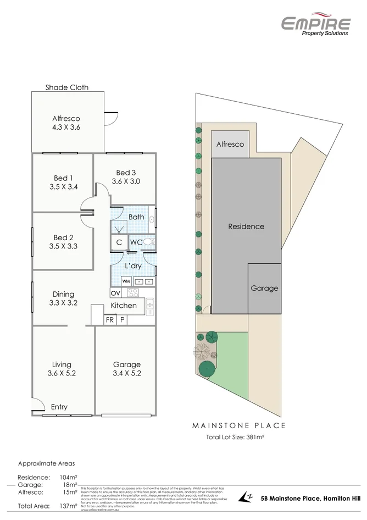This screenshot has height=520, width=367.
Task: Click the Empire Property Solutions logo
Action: [315, 25]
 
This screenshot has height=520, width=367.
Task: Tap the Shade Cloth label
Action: [67, 87]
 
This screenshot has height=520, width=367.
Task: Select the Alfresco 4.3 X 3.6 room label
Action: [66, 123]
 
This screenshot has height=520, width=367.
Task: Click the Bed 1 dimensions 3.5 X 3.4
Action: [63, 187]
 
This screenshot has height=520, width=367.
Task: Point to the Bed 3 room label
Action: [126, 173]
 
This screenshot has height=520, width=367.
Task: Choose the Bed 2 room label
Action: [63, 237]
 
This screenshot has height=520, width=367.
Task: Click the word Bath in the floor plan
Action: [136, 217]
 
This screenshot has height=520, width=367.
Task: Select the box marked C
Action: [119, 242]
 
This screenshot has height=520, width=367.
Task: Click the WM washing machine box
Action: [126, 281]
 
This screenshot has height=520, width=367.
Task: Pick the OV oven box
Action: [115, 293]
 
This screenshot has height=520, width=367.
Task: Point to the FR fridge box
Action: [110, 319]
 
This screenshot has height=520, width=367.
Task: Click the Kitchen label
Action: [124, 305]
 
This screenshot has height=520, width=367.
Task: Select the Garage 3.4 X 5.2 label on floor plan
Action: [127, 369]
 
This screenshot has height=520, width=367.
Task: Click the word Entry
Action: [59, 407]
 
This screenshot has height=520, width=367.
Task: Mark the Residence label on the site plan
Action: [246, 226]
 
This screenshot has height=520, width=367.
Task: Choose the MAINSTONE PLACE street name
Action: [238, 425]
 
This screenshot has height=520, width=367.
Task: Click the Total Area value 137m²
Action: [69, 506]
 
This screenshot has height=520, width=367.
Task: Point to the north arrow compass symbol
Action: [246, 497]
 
